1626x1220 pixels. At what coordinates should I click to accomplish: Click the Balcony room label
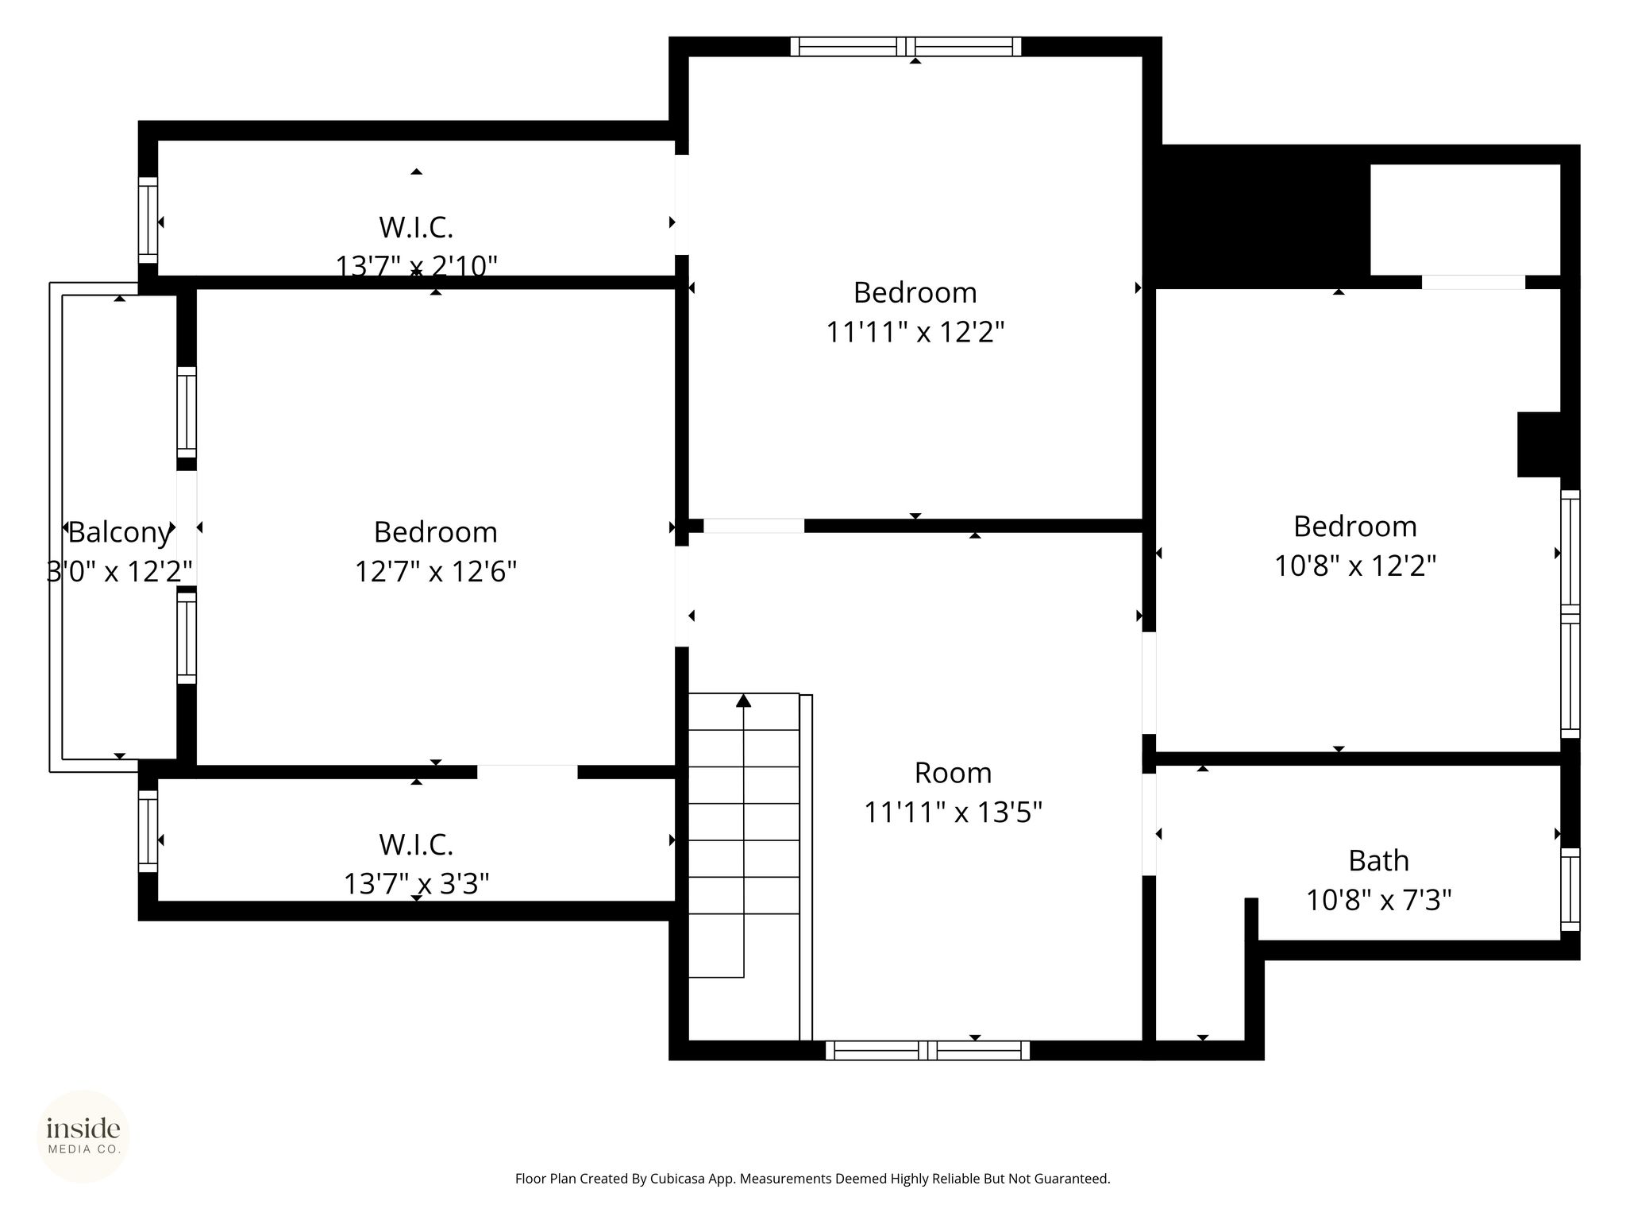(x=119, y=532)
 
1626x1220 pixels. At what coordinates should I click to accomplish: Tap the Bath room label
(x=1378, y=861)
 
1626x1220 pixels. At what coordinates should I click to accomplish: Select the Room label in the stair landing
(x=953, y=773)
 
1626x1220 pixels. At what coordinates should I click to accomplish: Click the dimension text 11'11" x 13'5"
(x=953, y=813)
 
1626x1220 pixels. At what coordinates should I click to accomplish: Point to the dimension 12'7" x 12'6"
(x=436, y=571)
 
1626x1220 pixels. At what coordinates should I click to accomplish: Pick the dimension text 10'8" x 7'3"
(x=1379, y=900)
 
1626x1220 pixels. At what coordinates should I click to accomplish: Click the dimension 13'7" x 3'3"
(x=416, y=883)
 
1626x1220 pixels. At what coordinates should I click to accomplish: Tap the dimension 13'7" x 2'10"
(x=417, y=265)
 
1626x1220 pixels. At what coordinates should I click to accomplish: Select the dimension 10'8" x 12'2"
(x=1355, y=566)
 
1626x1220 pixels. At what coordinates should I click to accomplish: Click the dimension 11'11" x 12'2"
(x=915, y=331)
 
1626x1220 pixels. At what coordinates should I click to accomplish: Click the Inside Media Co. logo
(x=83, y=1136)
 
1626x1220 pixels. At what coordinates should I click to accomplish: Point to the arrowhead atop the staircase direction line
(x=743, y=700)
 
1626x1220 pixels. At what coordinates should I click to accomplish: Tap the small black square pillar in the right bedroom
(x=1539, y=444)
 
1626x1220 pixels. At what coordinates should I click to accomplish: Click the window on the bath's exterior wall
(x=1570, y=889)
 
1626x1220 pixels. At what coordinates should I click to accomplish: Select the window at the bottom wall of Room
(x=927, y=1050)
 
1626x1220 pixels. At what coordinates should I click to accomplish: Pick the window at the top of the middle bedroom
(x=906, y=47)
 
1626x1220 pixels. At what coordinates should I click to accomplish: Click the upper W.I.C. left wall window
(x=148, y=220)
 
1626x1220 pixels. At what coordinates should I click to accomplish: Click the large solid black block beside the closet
(x=1262, y=216)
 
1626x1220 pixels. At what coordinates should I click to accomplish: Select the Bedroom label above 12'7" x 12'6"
(x=436, y=532)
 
